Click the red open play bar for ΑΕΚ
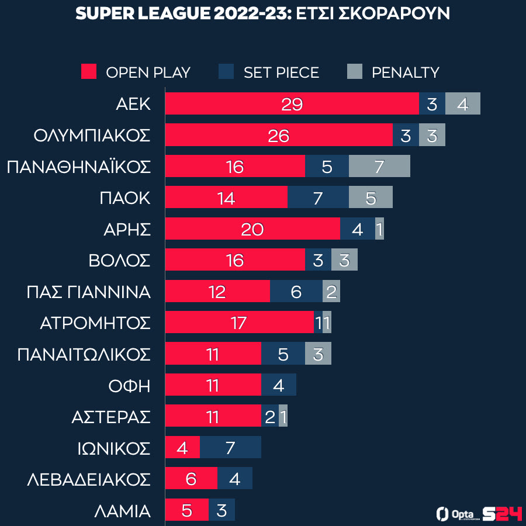pyautogui.click(x=292, y=104)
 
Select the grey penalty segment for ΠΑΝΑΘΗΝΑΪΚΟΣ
pyautogui.click(x=379, y=167)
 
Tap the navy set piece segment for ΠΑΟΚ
pyautogui.click(x=318, y=198)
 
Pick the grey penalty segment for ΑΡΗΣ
pyautogui.click(x=379, y=229)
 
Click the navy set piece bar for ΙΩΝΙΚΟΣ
pyautogui.click(x=230, y=448)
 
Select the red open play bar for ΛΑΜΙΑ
pyautogui.click(x=186, y=510)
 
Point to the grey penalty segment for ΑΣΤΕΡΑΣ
pyautogui.click(x=283, y=416)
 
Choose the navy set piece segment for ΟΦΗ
pyautogui.click(x=278, y=385)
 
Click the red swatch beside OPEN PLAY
pyautogui.click(x=88, y=72)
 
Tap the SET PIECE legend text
pyautogui.click(x=281, y=72)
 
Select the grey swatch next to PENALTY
pyautogui.click(x=355, y=72)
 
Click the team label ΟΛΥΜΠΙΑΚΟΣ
pyautogui.click(x=92, y=136)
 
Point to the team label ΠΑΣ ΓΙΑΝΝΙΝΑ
pyautogui.click(x=89, y=292)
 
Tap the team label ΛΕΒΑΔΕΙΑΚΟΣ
pyautogui.click(x=89, y=479)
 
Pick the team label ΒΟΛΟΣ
pyautogui.click(x=119, y=261)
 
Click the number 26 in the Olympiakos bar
pyautogui.click(x=278, y=136)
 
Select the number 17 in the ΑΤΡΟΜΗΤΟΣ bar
pyautogui.click(x=238, y=323)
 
